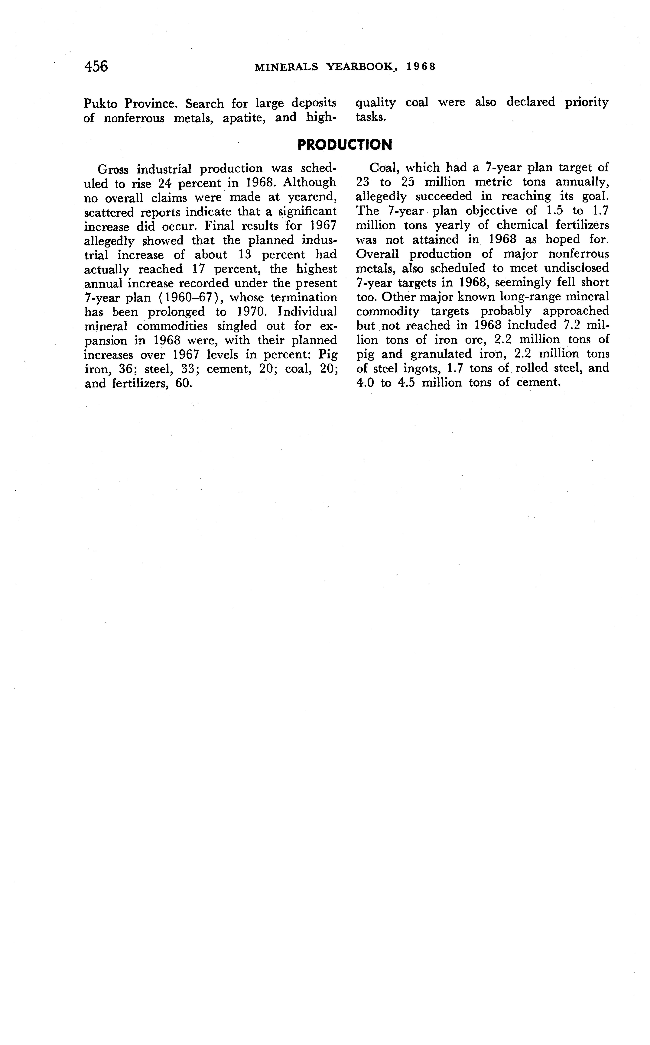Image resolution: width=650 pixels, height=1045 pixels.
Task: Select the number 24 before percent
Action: [x=165, y=183]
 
